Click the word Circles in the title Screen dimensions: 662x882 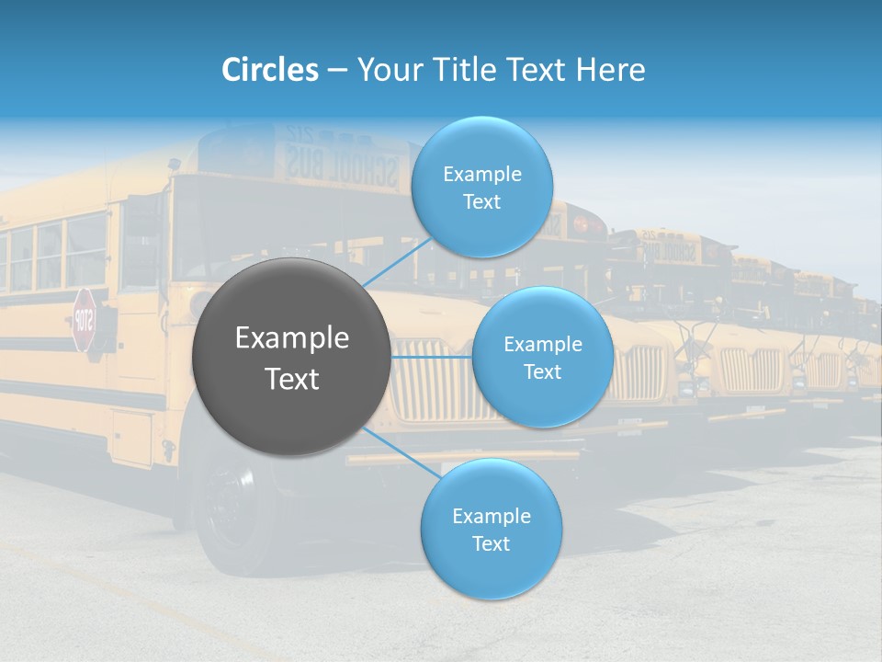tap(270, 69)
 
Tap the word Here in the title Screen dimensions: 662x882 tap(610, 69)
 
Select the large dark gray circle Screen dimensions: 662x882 tap(291, 358)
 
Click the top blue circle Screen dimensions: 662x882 tap(481, 187)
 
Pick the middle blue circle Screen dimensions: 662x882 tap(542, 357)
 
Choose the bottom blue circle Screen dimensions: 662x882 tap(491, 529)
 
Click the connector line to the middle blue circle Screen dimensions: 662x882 tap(432, 357)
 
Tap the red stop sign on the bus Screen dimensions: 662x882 tap(84, 320)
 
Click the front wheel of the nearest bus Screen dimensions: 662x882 tap(224, 515)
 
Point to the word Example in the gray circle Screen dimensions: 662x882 tap(292, 338)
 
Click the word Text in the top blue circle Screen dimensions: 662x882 tap(481, 201)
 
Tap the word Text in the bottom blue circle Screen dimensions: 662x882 tap(491, 543)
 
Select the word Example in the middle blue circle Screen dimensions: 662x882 tap(542, 344)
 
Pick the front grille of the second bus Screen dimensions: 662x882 tap(639, 372)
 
